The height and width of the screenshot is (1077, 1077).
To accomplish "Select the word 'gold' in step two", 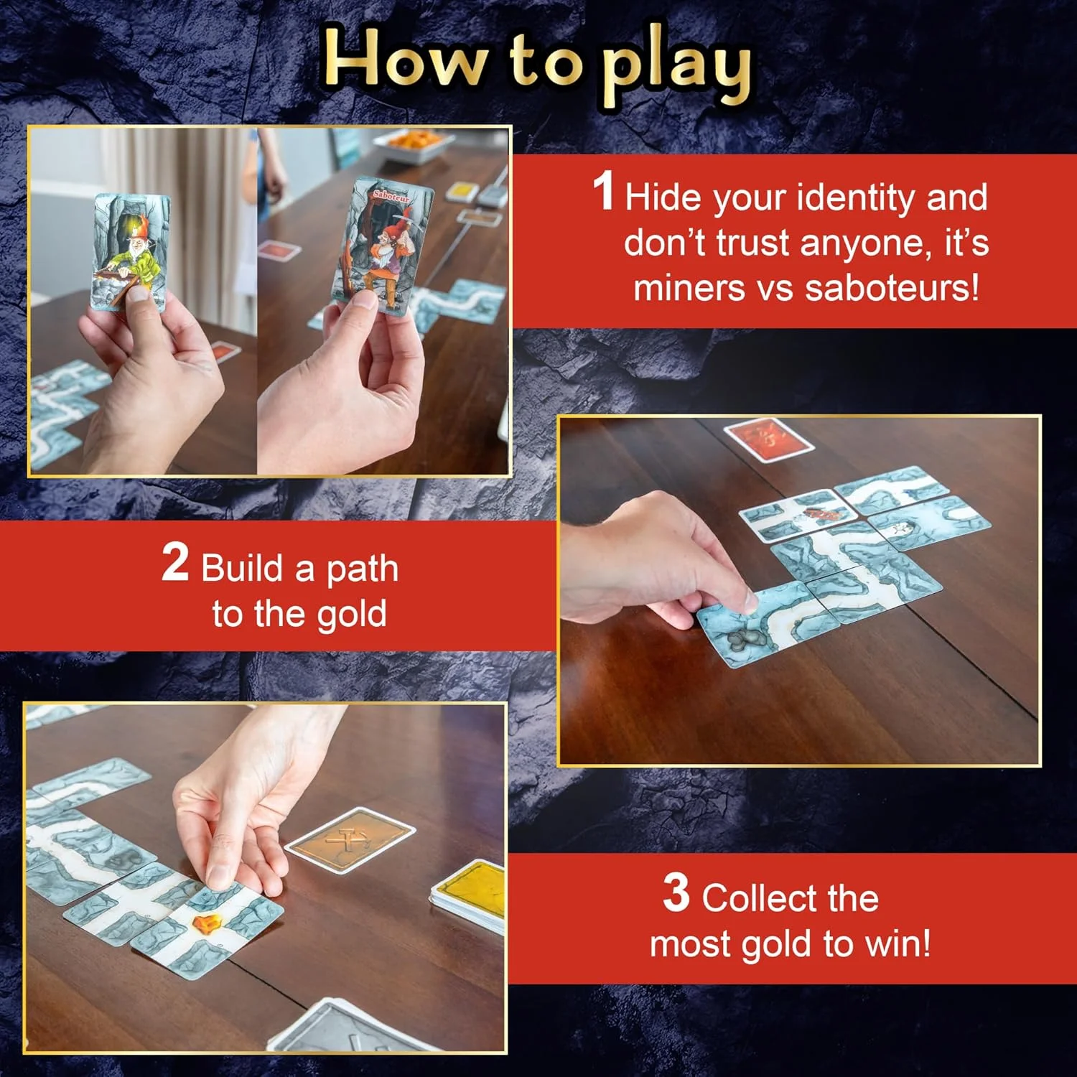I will point(351,615).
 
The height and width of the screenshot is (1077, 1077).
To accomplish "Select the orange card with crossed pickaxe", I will point(350,838).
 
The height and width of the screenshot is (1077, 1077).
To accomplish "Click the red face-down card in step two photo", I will point(768,439).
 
